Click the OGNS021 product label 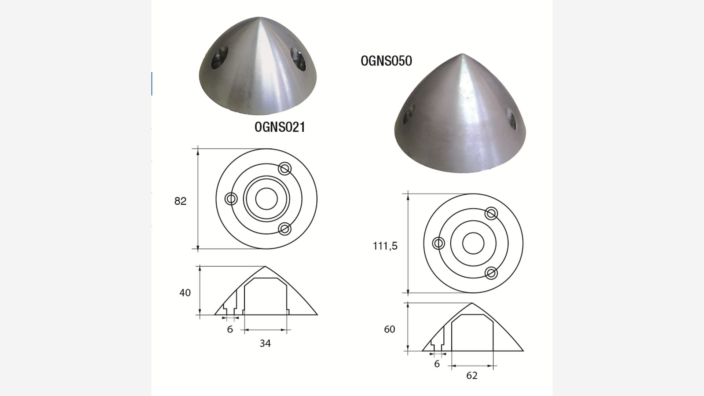point(280,127)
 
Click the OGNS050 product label point(386,60)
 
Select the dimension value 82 point(180,201)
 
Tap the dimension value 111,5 point(385,246)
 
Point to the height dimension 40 point(185,293)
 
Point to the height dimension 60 point(389,329)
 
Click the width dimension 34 point(265,343)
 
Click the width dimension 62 point(472,375)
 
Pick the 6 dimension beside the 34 point(230,329)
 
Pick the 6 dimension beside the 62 point(437,364)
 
